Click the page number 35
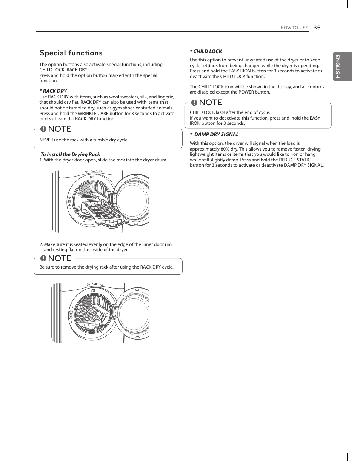pos(317,28)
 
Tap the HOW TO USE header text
pos(294,28)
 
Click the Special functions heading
pos(71,53)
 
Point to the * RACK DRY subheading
pos(53,91)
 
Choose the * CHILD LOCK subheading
pos(206,51)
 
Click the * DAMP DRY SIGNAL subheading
pos(214,134)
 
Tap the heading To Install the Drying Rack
pos(71,154)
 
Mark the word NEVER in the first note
pos(46,140)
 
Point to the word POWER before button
pos(246,92)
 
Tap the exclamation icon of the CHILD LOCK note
pos(194,103)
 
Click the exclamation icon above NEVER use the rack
pos(43,129)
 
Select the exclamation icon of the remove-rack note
pos(43,258)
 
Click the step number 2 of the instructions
pos(41,244)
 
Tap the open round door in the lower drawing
pos(134,313)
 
